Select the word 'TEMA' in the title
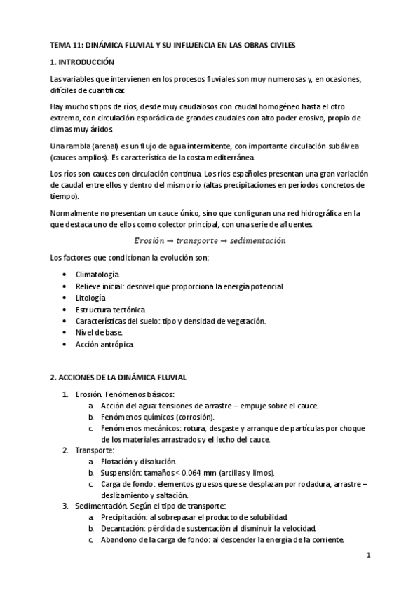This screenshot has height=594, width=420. [x=60, y=45]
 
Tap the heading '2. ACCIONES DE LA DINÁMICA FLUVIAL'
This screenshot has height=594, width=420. [x=118, y=377]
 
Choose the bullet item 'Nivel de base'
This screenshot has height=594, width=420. [x=98, y=333]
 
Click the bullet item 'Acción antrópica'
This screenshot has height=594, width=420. [x=104, y=345]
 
